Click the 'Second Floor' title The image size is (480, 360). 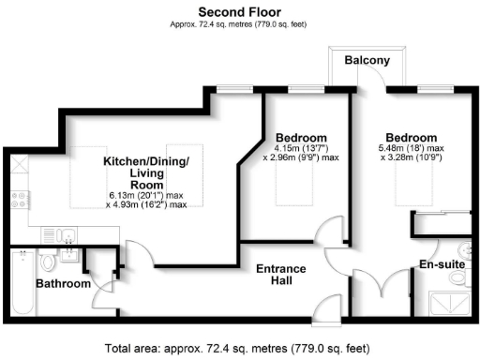pyautogui.click(x=239, y=11)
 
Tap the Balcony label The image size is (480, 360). pyautogui.click(x=363, y=59)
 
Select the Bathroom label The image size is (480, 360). pyautogui.click(x=63, y=283)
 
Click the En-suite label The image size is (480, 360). pyautogui.click(x=441, y=264)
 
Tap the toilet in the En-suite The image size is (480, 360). pyautogui.click(x=466, y=250)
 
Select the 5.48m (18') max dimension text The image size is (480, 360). pyautogui.click(x=411, y=148)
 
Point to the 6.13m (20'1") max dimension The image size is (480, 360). pyautogui.click(x=145, y=195)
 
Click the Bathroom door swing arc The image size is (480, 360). pyautogui.click(x=105, y=298)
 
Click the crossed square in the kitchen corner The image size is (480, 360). pyautogui.click(x=17, y=167)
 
